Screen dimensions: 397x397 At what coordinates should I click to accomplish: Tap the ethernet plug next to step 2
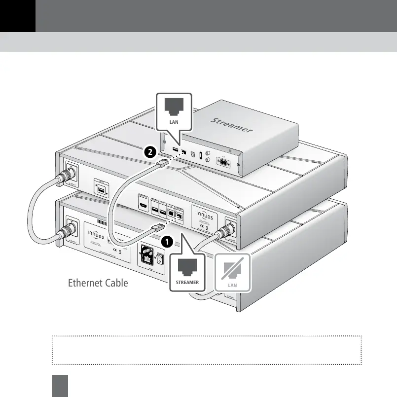point(164,164)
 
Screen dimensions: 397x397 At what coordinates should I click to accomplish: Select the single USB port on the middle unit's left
point(101,190)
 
